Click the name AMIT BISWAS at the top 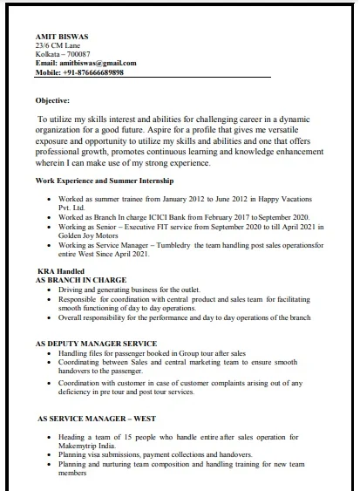(x=62, y=36)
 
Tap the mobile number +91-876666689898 (x=92, y=72)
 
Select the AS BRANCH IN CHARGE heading (x=81, y=280)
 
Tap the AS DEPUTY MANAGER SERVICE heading (x=96, y=344)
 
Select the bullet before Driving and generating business (x=48, y=289)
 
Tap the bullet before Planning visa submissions (x=48, y=455)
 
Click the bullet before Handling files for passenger (x=48, y=353)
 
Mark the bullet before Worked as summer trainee (x=48, y=199)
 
